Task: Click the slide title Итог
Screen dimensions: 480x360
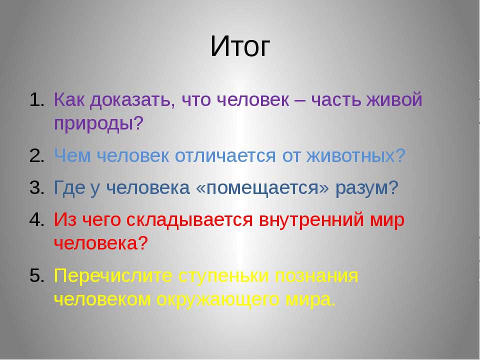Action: coord(240,46)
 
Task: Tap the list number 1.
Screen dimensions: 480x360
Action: coord(37,100)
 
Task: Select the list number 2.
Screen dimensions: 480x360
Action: coord(37,156)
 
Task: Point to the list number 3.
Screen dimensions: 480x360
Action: coord(37,187)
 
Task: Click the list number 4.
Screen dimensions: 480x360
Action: coord(37,219)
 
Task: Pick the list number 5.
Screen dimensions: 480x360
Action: coord(37,275)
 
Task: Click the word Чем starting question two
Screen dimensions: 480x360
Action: coord(72,156)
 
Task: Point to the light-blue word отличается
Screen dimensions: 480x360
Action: coord(225,156)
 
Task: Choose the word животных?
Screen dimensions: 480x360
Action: coord(356,156)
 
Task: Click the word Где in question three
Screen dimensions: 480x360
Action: coord(69,187)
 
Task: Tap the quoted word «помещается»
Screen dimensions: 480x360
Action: coord(262,188)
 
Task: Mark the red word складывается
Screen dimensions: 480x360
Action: coord(189,220)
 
